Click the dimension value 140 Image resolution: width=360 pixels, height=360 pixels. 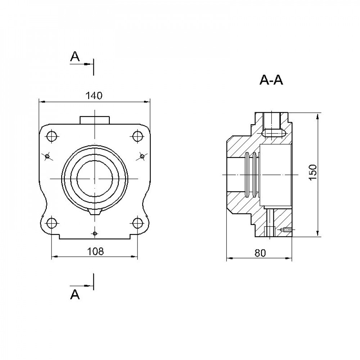tap(94, 96)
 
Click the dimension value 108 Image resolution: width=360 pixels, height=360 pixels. tap(95, 251)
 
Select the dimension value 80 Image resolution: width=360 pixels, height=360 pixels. tap(260, 253)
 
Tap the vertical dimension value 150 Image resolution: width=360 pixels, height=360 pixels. tap(313, 172)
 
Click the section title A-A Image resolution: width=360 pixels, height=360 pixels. tap(271, 80)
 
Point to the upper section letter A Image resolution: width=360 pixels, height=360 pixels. tap(75, 57)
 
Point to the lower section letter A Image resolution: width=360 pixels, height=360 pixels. tap(75, 294)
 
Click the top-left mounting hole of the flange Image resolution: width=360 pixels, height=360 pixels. tap(51, 136)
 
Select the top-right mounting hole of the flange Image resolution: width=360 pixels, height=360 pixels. tap(138, 136)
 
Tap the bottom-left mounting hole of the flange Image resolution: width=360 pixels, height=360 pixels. tap(51, 223)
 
